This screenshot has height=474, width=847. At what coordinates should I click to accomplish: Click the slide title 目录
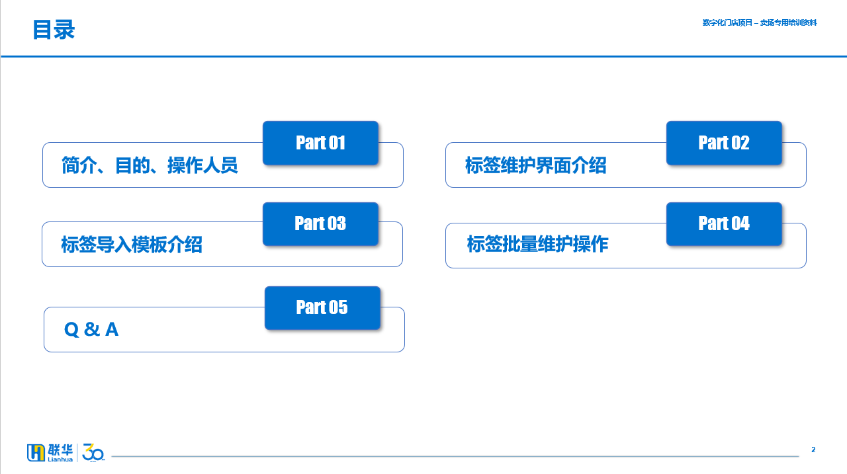point(54,30)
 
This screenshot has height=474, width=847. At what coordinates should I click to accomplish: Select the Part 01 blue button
point(321,143)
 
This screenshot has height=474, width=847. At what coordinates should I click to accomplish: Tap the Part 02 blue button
point(724,143)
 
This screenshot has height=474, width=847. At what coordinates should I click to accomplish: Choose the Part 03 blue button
point(321,224)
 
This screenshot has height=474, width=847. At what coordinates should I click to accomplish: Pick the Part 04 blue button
point(724,224)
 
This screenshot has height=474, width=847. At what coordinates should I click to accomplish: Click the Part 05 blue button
point(322,308)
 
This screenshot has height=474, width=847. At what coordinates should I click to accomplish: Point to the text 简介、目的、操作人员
point(150,165)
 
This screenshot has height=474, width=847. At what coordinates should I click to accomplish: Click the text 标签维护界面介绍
point(536,165)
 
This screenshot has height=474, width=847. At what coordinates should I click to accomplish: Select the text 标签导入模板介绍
point(132,245)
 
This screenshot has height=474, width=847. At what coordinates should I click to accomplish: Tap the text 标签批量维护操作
point(538,243)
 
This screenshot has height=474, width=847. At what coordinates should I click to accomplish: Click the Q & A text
point(91,329)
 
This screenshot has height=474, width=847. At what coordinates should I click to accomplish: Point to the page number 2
point(813,450)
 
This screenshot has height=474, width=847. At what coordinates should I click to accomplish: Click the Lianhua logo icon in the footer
point(36,452)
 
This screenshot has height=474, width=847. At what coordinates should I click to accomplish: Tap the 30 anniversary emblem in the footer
point(93,452)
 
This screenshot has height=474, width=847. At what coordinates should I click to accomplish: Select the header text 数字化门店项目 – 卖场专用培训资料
point(760,22)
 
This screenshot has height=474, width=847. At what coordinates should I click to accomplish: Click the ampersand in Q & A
point(92,329)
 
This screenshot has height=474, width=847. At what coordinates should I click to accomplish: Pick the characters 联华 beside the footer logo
point(60,450)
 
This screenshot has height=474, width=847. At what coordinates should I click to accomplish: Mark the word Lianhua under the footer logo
point(60,459)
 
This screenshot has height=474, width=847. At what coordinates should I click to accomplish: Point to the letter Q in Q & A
point(71,330)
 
